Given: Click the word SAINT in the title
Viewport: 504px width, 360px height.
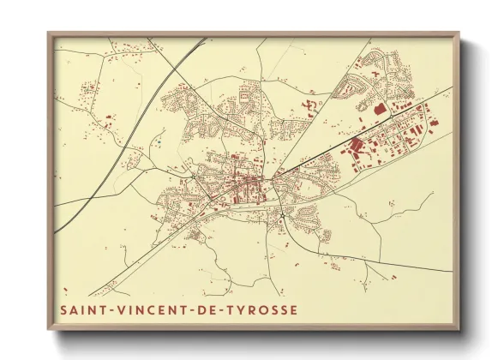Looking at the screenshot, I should click(81, 308).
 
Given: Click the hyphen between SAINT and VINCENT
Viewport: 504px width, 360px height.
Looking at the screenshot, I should click(107, 308).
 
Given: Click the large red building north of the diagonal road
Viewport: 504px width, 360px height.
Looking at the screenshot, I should click(381, 108).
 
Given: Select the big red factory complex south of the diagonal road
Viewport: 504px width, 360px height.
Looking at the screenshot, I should click(355, 145).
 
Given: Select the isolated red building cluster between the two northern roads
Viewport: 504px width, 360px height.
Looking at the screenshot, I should click(308, 107).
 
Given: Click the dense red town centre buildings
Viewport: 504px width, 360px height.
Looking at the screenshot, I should click(245, 183).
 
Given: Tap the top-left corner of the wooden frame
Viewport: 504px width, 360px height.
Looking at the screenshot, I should click(50, 34).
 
